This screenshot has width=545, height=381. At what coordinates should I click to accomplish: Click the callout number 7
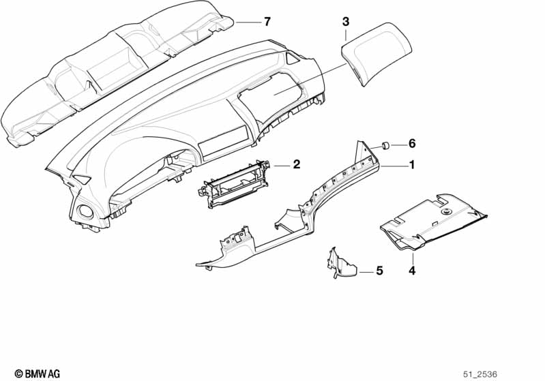point(267,22)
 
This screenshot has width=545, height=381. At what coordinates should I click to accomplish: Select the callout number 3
point(346,22)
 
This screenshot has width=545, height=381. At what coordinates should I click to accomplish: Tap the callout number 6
point(412,144)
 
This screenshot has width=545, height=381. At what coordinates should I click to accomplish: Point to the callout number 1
point(411,165)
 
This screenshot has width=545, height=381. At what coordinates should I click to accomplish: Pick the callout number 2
point(297,164)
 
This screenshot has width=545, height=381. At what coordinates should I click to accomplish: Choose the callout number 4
point(412,271)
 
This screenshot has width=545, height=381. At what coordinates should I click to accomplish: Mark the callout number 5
point(379,271)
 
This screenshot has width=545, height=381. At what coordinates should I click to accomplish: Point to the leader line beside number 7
point(248,22)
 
